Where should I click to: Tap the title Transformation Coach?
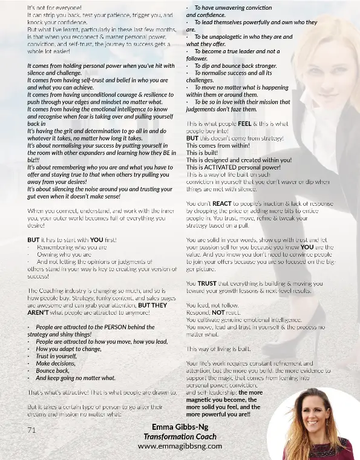(x=180, y=436)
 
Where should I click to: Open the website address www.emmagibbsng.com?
(x=180, y=445)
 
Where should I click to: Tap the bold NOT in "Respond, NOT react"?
(x=217, y=313)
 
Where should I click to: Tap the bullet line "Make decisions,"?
(x=56, y=363)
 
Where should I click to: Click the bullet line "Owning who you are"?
(x=65, y=255)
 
